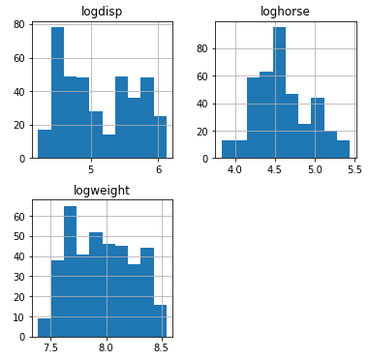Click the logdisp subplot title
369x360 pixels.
point(103,12)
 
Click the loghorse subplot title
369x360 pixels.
point(283,12)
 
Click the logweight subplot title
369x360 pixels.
point(102,191)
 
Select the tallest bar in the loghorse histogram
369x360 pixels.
point(279,93)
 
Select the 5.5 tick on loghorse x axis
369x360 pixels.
point(354,169)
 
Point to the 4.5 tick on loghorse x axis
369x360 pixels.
point(275,169)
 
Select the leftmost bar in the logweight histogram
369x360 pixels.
point(44,328)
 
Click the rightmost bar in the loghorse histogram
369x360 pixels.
point(343,149)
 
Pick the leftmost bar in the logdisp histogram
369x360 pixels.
point(45,143)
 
